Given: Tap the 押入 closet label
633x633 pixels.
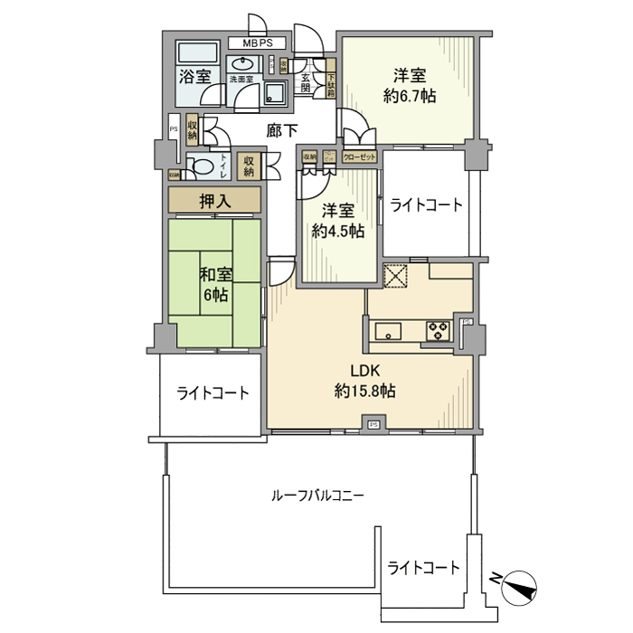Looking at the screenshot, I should [x=214, y=199].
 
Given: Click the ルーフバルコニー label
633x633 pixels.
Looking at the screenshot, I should [x=317, y=496].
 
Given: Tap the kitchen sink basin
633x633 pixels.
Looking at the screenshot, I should [x=392, y=331].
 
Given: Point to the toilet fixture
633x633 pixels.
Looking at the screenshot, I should [x=198, y=165].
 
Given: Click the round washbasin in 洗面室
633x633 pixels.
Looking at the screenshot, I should [x=241, y=63].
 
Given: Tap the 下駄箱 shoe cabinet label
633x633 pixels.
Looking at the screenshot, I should [x=331, y=86].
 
